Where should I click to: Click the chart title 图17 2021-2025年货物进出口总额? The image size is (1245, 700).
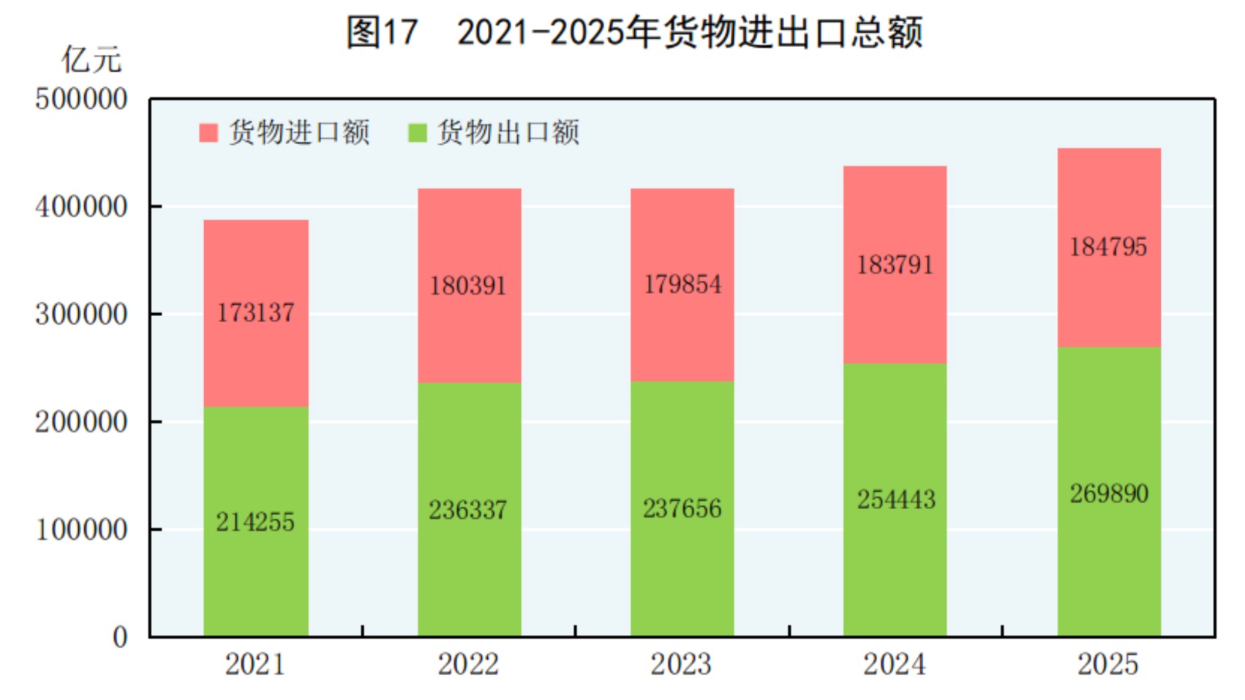coord(633,33)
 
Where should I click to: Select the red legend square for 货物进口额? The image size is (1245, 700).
coord(208,132)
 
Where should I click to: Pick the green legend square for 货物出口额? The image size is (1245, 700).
coord(417,132)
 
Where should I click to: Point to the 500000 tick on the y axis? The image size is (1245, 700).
coord(81,99)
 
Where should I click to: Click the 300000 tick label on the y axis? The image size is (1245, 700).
coord(81,315)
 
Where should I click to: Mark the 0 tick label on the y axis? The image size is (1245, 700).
coord(120,637)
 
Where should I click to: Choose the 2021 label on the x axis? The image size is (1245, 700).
coord(255,664)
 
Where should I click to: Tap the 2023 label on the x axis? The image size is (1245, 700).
coord(681,664)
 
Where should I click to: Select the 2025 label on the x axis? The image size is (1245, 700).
coord(1107,664)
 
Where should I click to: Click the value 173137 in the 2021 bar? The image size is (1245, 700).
coord(255,313)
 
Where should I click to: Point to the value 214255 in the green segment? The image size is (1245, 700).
coord(255,522)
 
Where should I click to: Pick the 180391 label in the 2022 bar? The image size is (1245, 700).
coord(468,286)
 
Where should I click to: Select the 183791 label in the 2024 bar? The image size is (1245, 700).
coord(895,265)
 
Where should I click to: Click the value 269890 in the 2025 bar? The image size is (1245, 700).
coord(1109,494)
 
